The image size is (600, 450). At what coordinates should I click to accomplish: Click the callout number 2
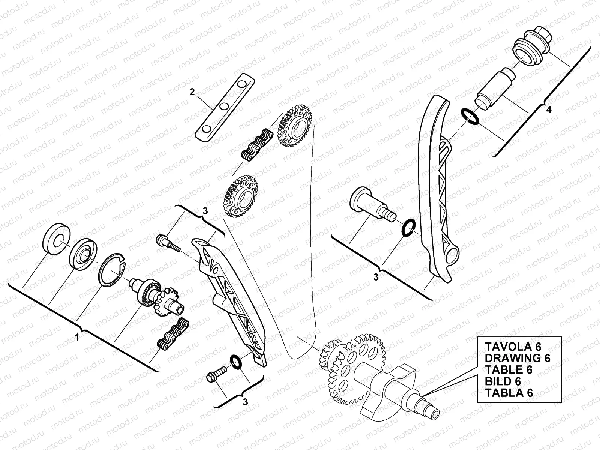click(x=192, y=92)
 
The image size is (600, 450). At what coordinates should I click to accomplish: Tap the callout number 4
click(x=549, y=110)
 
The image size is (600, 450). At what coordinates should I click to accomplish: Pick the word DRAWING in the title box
click(x=514, y=357)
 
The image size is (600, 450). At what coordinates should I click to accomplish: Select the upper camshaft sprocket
click(x=295, y=126)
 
